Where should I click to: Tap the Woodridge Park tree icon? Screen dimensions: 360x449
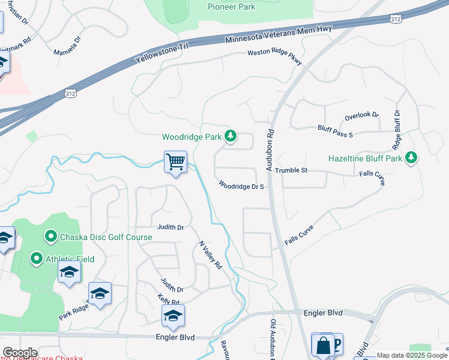click(x=230, y=136)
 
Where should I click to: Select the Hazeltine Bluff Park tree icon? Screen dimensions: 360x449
click(x=411, y=158)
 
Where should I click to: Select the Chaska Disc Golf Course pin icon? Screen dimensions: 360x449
click(x=50, y=237)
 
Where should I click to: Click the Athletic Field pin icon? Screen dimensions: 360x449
click(x=36, y=259)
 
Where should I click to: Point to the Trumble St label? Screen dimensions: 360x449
click(x=291, y=170)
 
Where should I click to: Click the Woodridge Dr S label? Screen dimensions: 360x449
click(x=241, y=186)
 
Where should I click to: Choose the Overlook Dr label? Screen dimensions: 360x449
click(x=361, y=115)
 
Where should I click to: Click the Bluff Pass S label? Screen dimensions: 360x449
click(x=334, y=131)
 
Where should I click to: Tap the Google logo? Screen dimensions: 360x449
click(x=19, y=353)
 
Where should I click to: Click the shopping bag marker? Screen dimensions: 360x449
click(x=323, y=345)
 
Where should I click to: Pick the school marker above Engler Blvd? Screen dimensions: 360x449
click(x=173, y=316)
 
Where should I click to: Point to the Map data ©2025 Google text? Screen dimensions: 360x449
click(x=411, y=355)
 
